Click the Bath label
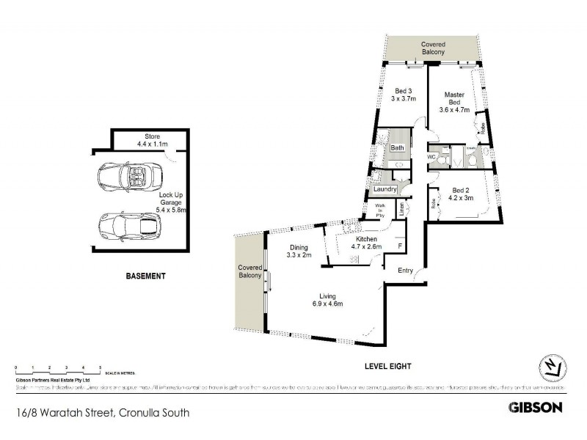coord(397,148)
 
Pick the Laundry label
coord(385,189)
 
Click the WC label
coord(431,157)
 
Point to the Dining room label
coord(299,251)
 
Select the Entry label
coord(406,271)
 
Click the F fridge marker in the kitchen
coord(399,246)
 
